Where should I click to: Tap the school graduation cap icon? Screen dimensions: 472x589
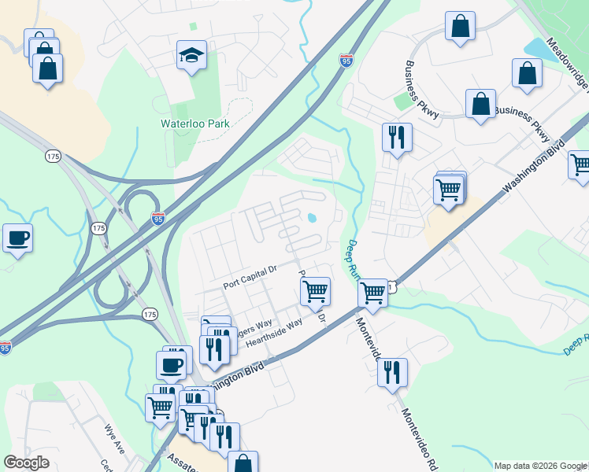coord(191,55)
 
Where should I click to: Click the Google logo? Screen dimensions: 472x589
coord(26,463)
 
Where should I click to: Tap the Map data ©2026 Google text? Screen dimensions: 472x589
coord(540,466)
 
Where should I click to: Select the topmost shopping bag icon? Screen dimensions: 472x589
coord(460,26)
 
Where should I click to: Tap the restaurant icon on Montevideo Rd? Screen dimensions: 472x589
coord(392,372)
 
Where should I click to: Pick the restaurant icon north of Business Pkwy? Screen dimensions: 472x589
coord(397,137)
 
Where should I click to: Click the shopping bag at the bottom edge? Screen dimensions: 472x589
coord(243,463)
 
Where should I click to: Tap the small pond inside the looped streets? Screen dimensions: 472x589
coord(312,218)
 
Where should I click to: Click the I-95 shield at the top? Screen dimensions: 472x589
coord(346,60)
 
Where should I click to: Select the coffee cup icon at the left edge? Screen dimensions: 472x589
coord(17,238)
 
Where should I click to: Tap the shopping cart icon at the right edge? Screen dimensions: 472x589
coord(580,164)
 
